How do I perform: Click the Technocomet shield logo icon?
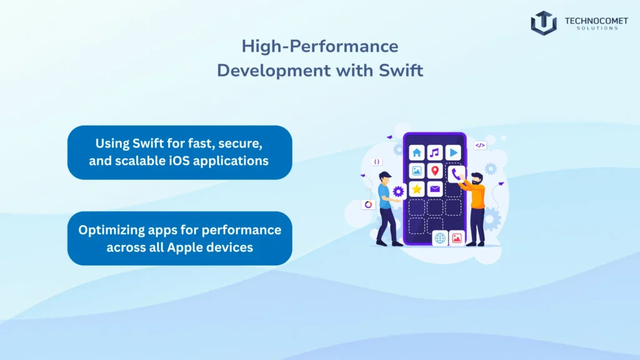coord(543,22)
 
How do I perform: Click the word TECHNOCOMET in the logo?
coord(596,20)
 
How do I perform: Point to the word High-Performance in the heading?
coord(319,46)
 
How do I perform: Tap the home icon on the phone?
coord(417,152)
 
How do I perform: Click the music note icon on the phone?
coord(435,152)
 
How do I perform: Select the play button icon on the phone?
coord(453,152)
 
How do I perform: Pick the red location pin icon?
coord(435,171)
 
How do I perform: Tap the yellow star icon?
coord(417,189)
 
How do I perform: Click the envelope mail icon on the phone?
coord(435,189)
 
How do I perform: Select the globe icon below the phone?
coord(440,238)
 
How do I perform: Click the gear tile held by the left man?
coord(398,192)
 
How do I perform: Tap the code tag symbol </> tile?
coord(480,145)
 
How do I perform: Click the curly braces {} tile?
coord(377,161)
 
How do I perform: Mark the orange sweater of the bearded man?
coord(478,196)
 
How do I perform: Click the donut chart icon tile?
coord(368,204)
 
